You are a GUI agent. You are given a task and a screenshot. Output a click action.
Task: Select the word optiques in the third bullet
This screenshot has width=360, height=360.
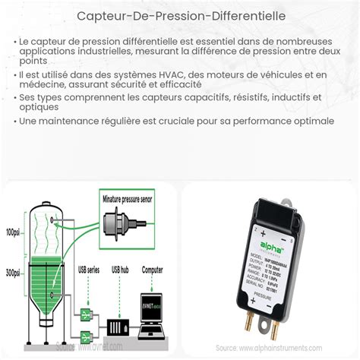[x=41, y=107]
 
